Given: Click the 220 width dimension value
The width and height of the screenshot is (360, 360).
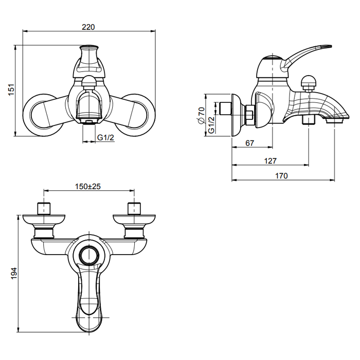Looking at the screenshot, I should click(x=88, y=27).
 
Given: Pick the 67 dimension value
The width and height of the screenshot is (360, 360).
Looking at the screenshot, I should click(x=249, y=143).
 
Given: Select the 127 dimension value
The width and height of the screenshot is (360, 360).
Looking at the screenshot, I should click(x=270, y=160).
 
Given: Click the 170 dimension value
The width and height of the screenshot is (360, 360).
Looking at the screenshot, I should click(x=281, y=175).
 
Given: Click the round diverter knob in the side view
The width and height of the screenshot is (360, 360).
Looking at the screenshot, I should click(x=309, y=81).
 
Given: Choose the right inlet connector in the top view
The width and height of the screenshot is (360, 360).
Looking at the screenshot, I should click(x=134, y=209).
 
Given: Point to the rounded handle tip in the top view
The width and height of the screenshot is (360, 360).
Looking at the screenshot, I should click(x=89, y=321).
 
